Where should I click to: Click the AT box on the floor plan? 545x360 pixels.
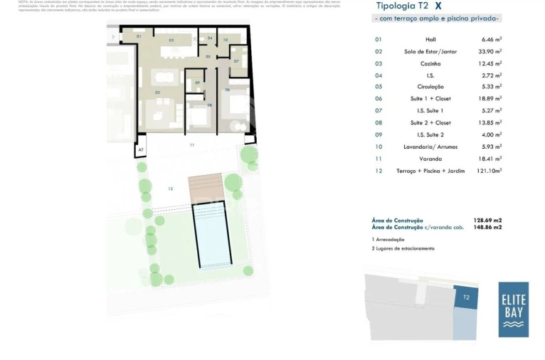[x=141, y=150]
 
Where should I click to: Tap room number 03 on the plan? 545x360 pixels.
[x=171, y=41]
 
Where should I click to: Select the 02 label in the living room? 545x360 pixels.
[x=157, y=92]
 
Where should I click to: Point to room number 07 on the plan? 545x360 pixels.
[x=236, y=61]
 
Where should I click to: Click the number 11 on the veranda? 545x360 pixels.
[x=191, y=144]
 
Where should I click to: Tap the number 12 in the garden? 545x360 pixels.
[x=170, y=189]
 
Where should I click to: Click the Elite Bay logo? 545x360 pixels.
[x=513, y=309]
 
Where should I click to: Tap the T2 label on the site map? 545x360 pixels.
[x=466, y=297]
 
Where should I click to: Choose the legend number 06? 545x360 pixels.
[x=378, y=99]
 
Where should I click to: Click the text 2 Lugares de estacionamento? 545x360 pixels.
[x=403, y=248]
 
